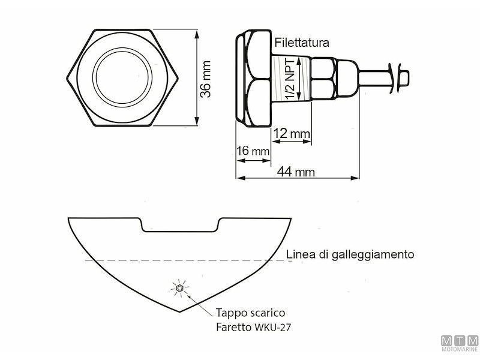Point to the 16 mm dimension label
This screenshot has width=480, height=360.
253,151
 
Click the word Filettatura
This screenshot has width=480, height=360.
302,43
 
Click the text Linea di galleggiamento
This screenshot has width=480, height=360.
350,254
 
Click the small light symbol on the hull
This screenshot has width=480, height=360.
179,289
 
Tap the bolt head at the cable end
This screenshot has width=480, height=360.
405,77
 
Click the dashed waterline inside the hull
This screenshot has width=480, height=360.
180,260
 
